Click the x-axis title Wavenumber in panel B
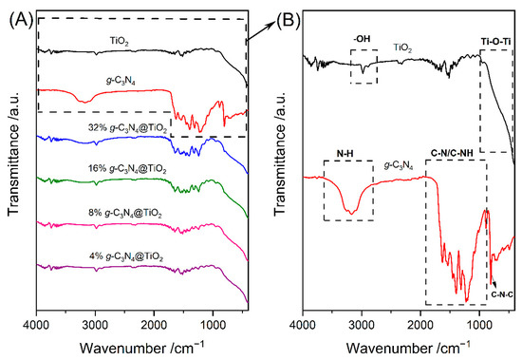tap(408, 349)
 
